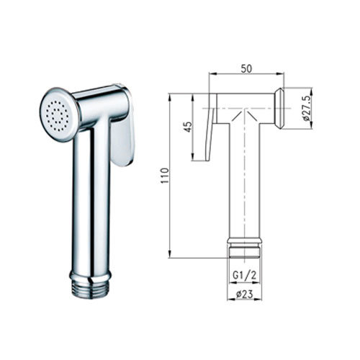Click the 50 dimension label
(x=247, y=68)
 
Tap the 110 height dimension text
(x=165, y=176)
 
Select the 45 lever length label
(x=189, y=127)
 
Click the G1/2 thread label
(x=245, y=275)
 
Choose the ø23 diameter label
(x=245, y=294)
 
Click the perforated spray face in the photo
(x=58, y=114)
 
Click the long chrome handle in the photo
(x=91, y=199)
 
